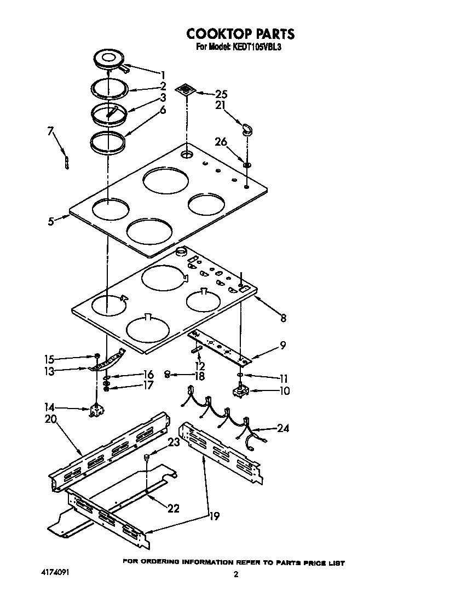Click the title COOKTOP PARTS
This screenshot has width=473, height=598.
click(240, 34)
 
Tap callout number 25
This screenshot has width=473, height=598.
click(221, 94)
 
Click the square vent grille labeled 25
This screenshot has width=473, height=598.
click(186, 89)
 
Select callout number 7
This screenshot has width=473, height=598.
click(50, 131)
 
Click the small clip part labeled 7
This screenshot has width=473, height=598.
click(66, 162)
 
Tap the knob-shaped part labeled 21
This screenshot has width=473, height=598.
click(247, 130)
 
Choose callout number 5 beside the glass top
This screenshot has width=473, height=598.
click(50, 222)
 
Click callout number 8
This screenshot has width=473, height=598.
click(283, 318)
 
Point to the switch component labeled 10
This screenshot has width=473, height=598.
click(240, 392)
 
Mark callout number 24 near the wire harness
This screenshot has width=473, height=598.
click(282, 428)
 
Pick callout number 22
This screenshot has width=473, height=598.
click(173, 509)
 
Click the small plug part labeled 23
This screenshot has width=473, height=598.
click(147, 457)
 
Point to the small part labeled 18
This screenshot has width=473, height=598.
click(168, 374)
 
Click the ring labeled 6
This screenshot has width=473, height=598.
click(107, 142)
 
